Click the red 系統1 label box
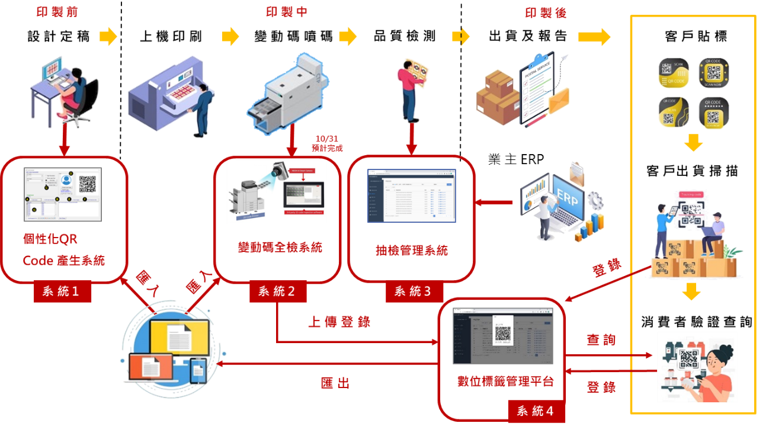[63, 292]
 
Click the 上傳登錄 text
[339, 322]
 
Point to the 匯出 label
[335, 383]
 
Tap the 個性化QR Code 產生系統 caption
[63, 249]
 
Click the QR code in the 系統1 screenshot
[87, 183]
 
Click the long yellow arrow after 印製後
[594, 37]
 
